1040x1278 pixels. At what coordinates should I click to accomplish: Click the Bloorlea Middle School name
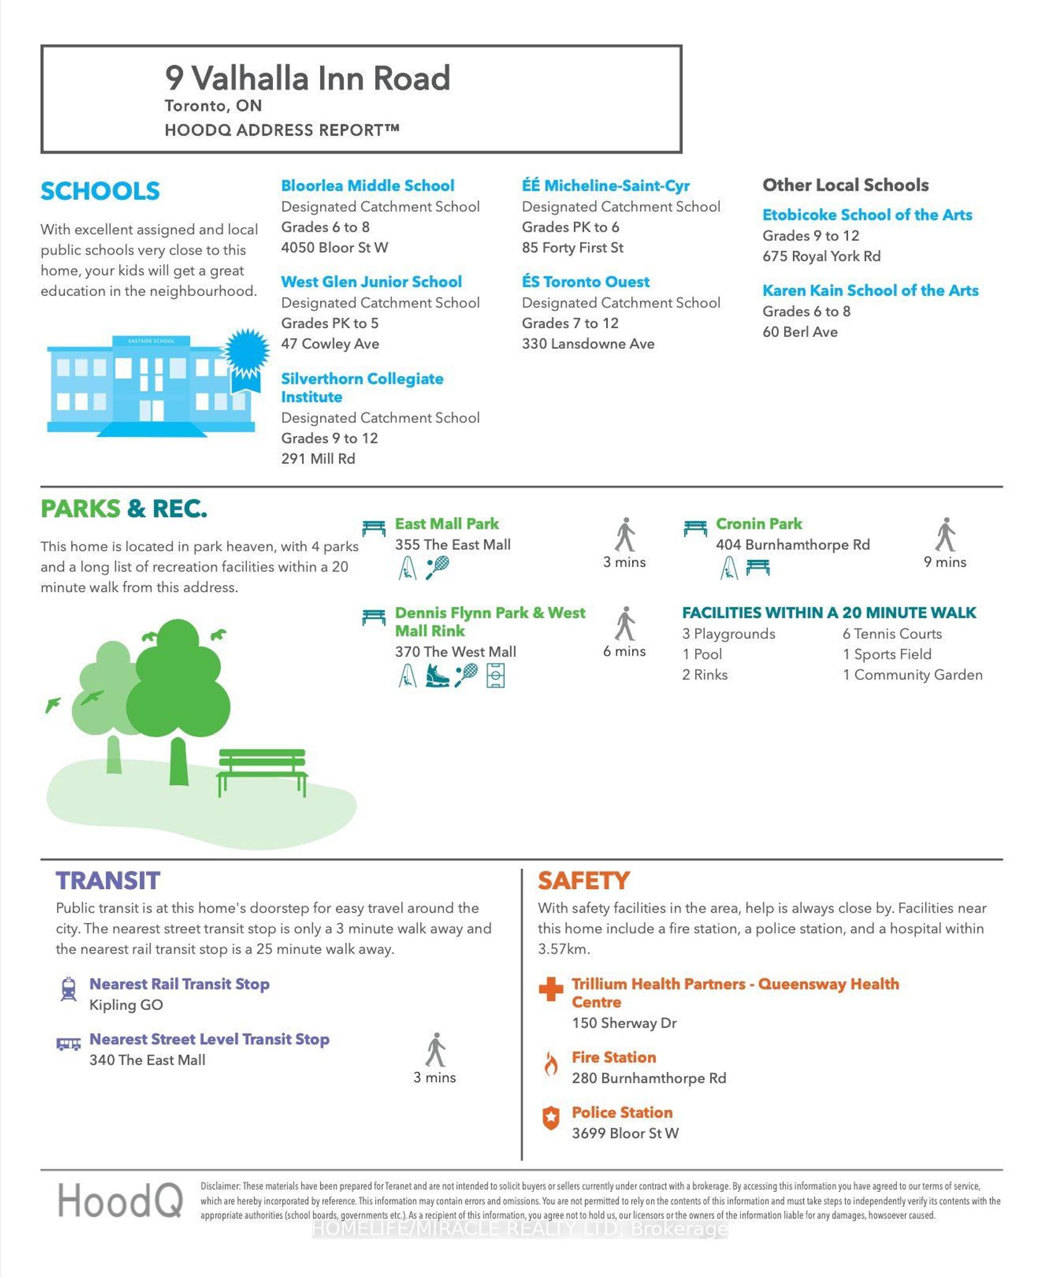click(x=367, y=186)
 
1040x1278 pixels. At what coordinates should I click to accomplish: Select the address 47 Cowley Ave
click(x=330, y=344)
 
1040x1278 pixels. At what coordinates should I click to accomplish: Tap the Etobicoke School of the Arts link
click(x=867, y=215)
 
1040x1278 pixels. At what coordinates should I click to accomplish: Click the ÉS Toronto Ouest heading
click(x=586, y=282)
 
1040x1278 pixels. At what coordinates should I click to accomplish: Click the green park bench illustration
click(x=261, y=772)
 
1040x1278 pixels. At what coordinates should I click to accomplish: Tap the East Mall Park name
click(x=446, y=524)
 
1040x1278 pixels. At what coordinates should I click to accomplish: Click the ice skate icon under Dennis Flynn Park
click(x=437, y=676)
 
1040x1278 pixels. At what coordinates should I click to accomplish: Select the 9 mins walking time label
click(x=945, y=562)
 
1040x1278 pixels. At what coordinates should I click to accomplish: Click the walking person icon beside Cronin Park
click(x=945, y=534)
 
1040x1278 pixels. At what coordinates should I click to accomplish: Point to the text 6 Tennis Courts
click(x=891, y=633)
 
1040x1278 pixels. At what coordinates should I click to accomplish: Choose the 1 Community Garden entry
click(x=912, y=674)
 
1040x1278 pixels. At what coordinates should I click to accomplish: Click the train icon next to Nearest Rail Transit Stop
click(x=68, y=989)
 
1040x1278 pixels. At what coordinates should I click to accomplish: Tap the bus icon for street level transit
click(x=68, y=1045)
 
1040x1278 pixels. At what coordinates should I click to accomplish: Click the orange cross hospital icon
click(x=550, y=989)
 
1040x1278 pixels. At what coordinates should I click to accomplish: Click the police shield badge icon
click(x=550, y=1118)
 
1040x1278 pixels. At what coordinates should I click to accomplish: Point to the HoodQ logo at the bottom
click(x=120, y=1200)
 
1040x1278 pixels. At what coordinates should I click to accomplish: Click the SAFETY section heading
click(x=583, y=880)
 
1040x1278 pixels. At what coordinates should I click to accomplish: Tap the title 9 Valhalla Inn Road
click(x=307, y=79)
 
